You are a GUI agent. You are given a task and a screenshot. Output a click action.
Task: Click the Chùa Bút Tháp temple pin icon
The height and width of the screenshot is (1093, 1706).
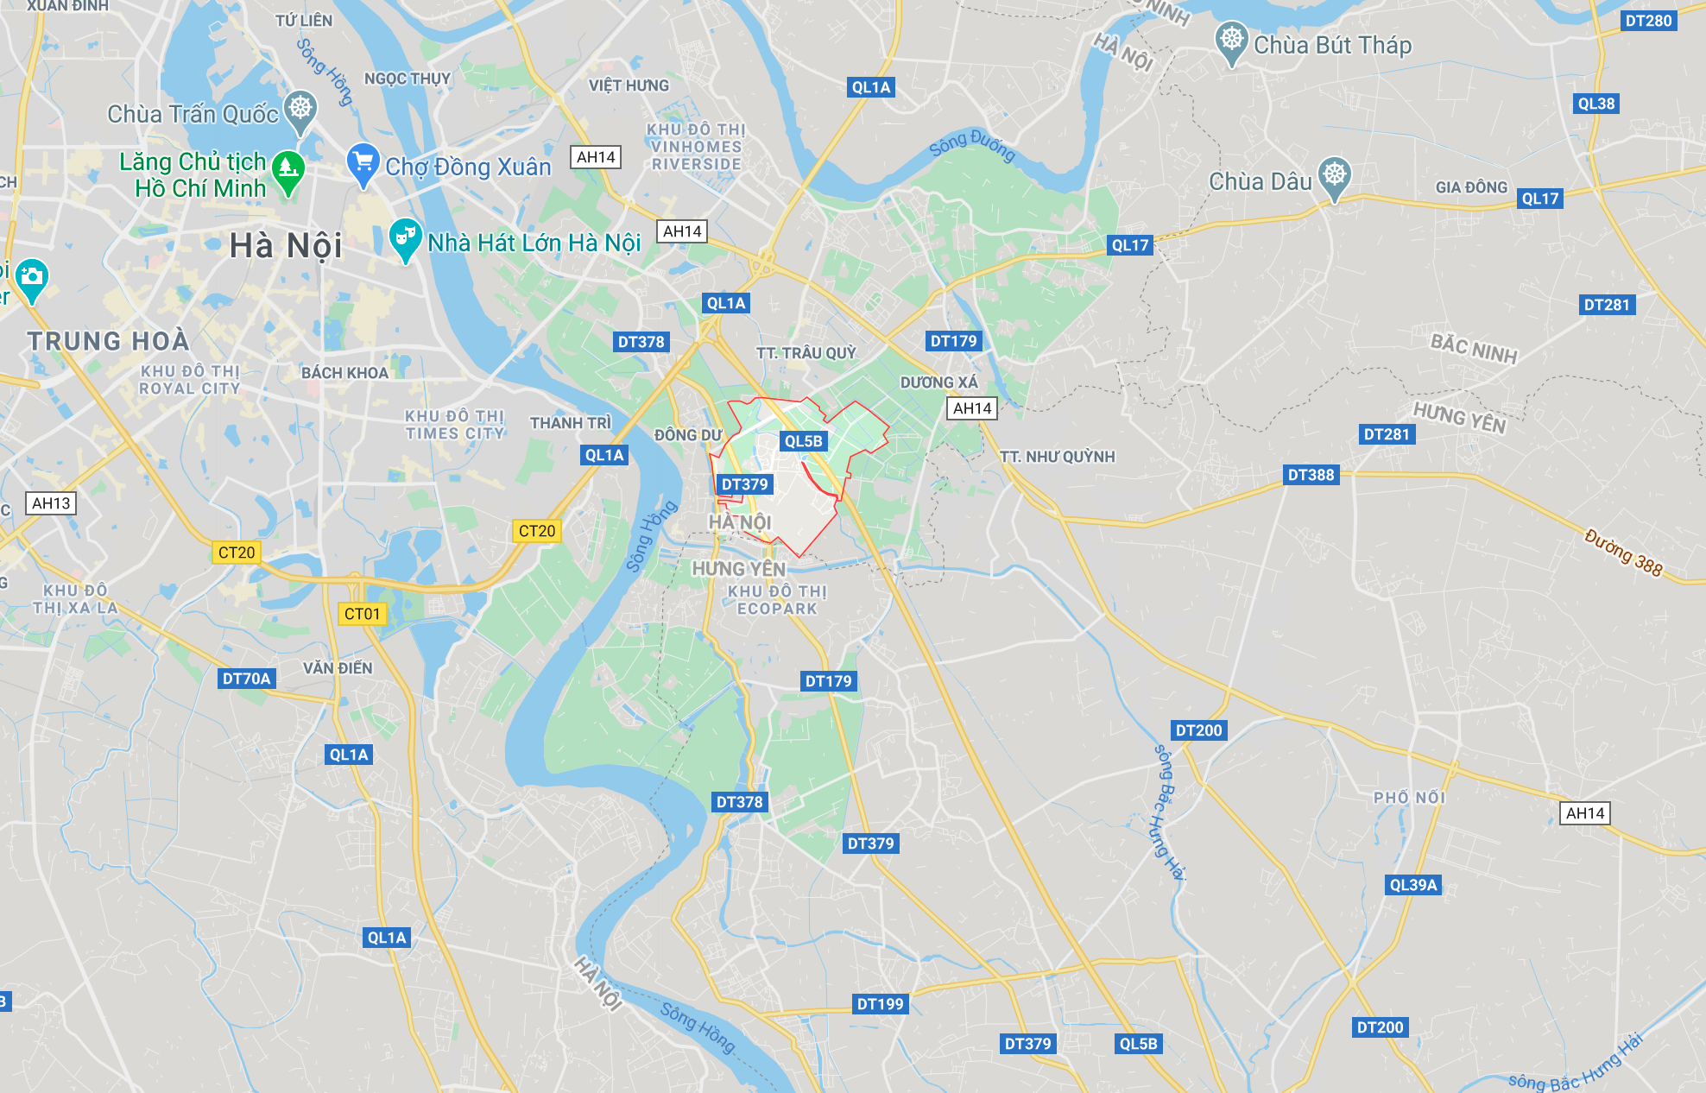coord(1231,41)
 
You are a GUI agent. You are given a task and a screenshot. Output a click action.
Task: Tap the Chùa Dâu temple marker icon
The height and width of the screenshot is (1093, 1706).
coord(1334,176)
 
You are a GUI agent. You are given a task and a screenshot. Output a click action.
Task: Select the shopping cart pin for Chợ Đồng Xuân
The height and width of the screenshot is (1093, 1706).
coord(363,163)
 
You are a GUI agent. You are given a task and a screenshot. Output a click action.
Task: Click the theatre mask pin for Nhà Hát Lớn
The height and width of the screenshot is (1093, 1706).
coord(404,238)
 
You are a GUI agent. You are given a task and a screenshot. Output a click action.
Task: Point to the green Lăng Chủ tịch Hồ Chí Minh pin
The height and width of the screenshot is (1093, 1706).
coord(287,170)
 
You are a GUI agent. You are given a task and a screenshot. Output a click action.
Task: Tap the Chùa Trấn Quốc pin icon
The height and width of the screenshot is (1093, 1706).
coord(300,110)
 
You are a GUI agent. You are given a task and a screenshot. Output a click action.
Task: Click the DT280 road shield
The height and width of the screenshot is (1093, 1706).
coord(1648,21)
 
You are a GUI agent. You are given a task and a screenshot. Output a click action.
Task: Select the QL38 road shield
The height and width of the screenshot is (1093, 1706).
coord(1595,104)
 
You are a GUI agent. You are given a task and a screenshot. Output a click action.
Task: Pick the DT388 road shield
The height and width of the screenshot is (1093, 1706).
coord(1311,475)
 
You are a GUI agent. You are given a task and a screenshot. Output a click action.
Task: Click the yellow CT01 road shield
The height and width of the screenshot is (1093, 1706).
coord(362,614)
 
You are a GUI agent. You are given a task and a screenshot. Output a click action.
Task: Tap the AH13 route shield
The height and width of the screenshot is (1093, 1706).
coord(51,503)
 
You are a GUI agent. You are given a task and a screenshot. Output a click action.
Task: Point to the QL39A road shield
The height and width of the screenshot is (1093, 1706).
coord(1412,885)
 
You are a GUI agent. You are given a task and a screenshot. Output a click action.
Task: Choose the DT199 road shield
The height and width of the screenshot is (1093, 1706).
coord(880,1004)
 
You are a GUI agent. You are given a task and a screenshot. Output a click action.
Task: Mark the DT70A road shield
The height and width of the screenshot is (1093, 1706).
coord(246,679)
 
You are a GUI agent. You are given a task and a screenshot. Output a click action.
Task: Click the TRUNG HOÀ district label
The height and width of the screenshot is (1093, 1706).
coord(108,342)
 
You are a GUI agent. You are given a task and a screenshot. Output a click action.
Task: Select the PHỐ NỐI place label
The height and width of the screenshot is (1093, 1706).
coord(1409,798)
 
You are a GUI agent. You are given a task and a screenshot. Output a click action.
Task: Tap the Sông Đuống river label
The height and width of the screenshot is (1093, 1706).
coord(971,144)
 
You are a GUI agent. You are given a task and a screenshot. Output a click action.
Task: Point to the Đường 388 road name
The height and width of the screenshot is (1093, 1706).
coord(1623,552)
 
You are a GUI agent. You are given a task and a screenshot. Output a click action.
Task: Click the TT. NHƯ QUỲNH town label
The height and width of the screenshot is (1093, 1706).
coord(1057,457)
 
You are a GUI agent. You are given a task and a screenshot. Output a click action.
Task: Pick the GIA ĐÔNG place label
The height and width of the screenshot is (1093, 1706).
coord(1471,187)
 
